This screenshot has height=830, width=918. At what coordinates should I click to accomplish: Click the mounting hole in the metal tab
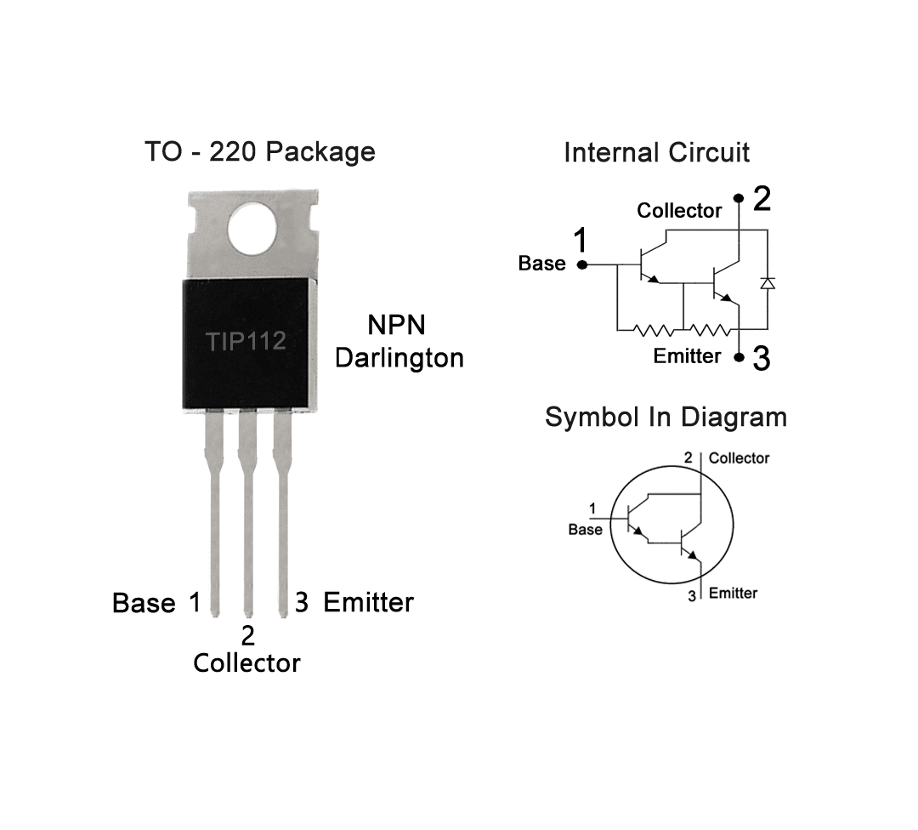(253, 230)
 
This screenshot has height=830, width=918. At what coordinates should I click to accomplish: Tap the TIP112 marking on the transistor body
(246, 342)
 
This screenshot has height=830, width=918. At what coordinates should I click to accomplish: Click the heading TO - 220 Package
(259, 151)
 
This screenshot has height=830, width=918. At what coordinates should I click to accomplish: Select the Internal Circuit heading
(656, 153)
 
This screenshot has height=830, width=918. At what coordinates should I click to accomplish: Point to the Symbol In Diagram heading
(666, 418)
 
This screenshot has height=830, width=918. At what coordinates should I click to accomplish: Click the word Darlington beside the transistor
(399, 358)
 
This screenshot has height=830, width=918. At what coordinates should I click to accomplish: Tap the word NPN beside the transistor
(396, 326)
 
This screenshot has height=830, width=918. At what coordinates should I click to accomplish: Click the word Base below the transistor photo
(144, 604)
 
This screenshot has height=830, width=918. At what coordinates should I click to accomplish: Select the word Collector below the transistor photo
(246, 663)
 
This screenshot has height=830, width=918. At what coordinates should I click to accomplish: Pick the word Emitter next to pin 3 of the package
(369, 603)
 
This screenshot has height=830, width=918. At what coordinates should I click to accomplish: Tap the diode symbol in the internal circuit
(768, 282)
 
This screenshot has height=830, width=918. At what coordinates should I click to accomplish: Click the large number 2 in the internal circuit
(762, 199)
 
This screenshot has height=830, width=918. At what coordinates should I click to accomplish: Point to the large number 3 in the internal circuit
(762, 359)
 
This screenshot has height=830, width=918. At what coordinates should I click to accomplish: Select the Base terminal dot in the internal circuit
(582, 264)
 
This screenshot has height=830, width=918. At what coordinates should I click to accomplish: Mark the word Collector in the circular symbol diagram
(739, 458)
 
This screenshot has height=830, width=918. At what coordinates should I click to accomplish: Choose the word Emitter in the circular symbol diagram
(733, 593)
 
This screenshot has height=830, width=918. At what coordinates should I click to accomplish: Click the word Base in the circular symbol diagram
(585, 530)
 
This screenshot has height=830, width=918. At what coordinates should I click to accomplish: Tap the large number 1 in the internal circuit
(581, 241)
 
